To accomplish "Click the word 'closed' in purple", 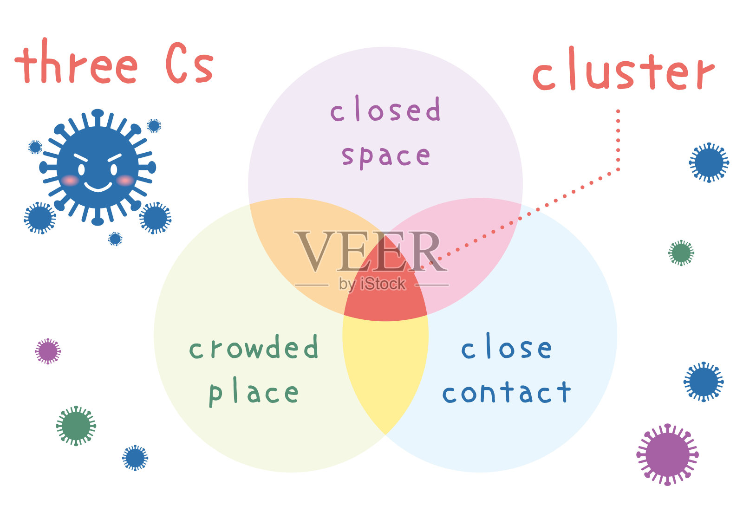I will click(385, 110).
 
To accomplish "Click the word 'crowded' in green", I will click(254, 348).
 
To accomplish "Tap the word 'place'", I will click(254, 394).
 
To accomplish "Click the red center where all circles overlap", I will click(385, 295).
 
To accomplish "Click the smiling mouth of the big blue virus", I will click(98, 187).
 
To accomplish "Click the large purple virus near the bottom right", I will click(667, 455).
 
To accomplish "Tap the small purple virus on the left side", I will click(48, 351).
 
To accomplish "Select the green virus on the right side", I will click(681, 253).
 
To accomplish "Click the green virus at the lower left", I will click(76, 426).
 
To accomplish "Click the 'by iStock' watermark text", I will click(372, 284).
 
